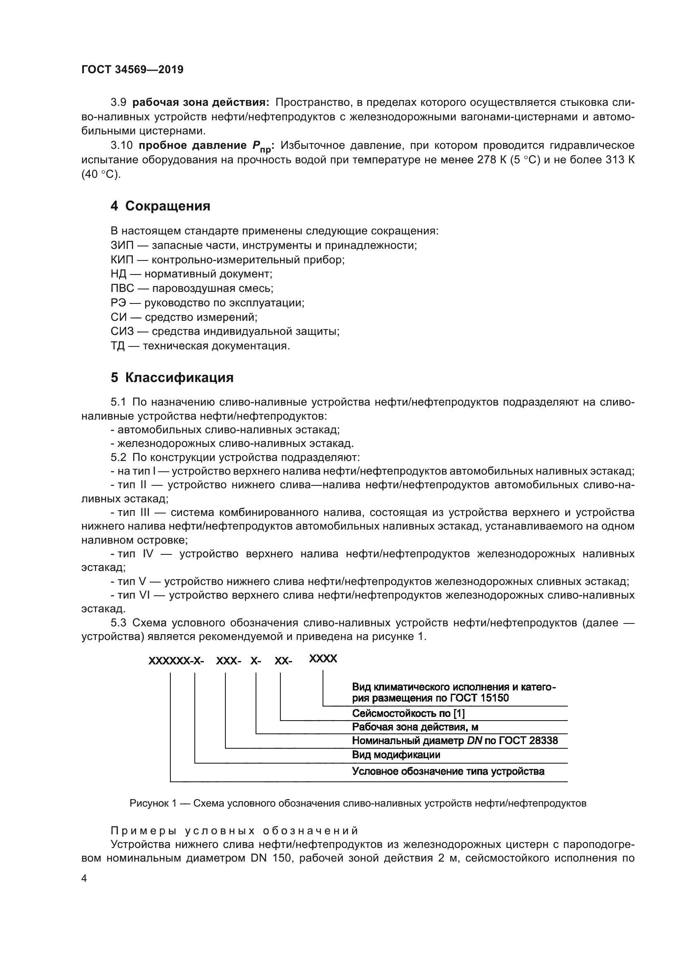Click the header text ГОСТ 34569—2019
132,69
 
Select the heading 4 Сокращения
160,206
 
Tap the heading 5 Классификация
172,377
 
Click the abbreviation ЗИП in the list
122,245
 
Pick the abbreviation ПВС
122,288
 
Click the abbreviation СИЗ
122,331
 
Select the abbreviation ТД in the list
117,346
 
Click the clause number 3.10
121,146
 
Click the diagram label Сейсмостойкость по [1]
408,714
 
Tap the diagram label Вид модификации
396,755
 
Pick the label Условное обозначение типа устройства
448,771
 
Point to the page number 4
84,879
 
